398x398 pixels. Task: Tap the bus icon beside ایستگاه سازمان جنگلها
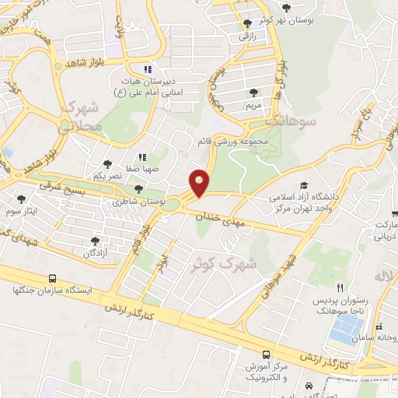52,278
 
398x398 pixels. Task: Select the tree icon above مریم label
253,92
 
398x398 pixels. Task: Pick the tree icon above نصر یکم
107,165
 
